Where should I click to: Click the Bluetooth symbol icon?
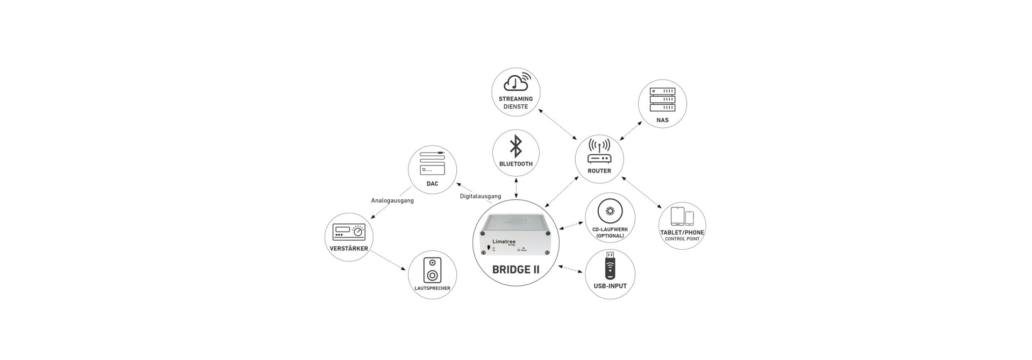516,146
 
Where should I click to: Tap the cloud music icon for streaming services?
516,82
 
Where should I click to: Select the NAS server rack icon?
662,99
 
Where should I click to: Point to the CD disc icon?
610,211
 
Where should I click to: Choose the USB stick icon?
610,265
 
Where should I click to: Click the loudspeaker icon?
432,270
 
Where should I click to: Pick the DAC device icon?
432,163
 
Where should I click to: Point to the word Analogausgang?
392,201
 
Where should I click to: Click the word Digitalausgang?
481,196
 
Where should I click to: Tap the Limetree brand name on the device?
504,242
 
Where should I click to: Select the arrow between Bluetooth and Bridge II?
516,188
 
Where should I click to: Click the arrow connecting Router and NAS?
631,131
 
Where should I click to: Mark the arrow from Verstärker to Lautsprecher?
388,261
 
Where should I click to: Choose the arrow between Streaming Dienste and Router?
557,124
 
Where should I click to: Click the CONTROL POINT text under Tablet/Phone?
682,239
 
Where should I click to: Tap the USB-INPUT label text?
610,286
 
